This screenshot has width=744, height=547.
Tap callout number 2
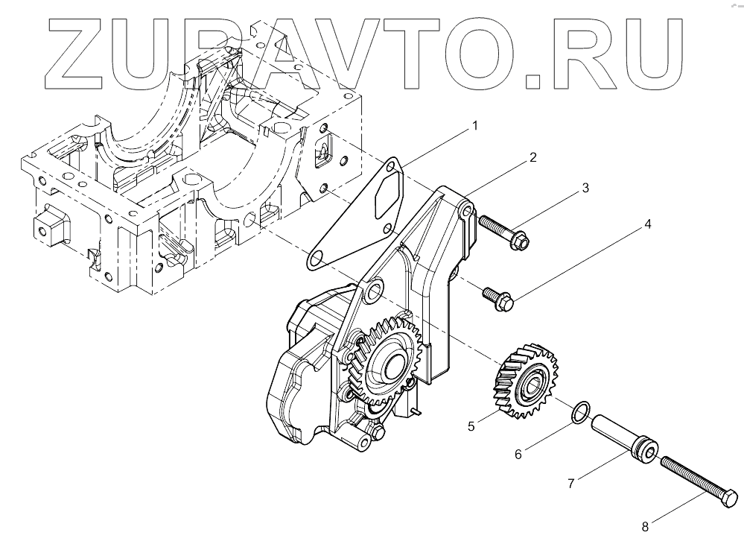point(532,158)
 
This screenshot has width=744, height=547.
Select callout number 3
point(585,189)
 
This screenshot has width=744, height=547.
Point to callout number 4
point(648,224)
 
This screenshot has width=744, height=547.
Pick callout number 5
point(471,426)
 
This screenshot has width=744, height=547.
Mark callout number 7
point(570,484)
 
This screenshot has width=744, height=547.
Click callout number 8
point(645,527)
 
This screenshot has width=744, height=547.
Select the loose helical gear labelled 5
point(526,378)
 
